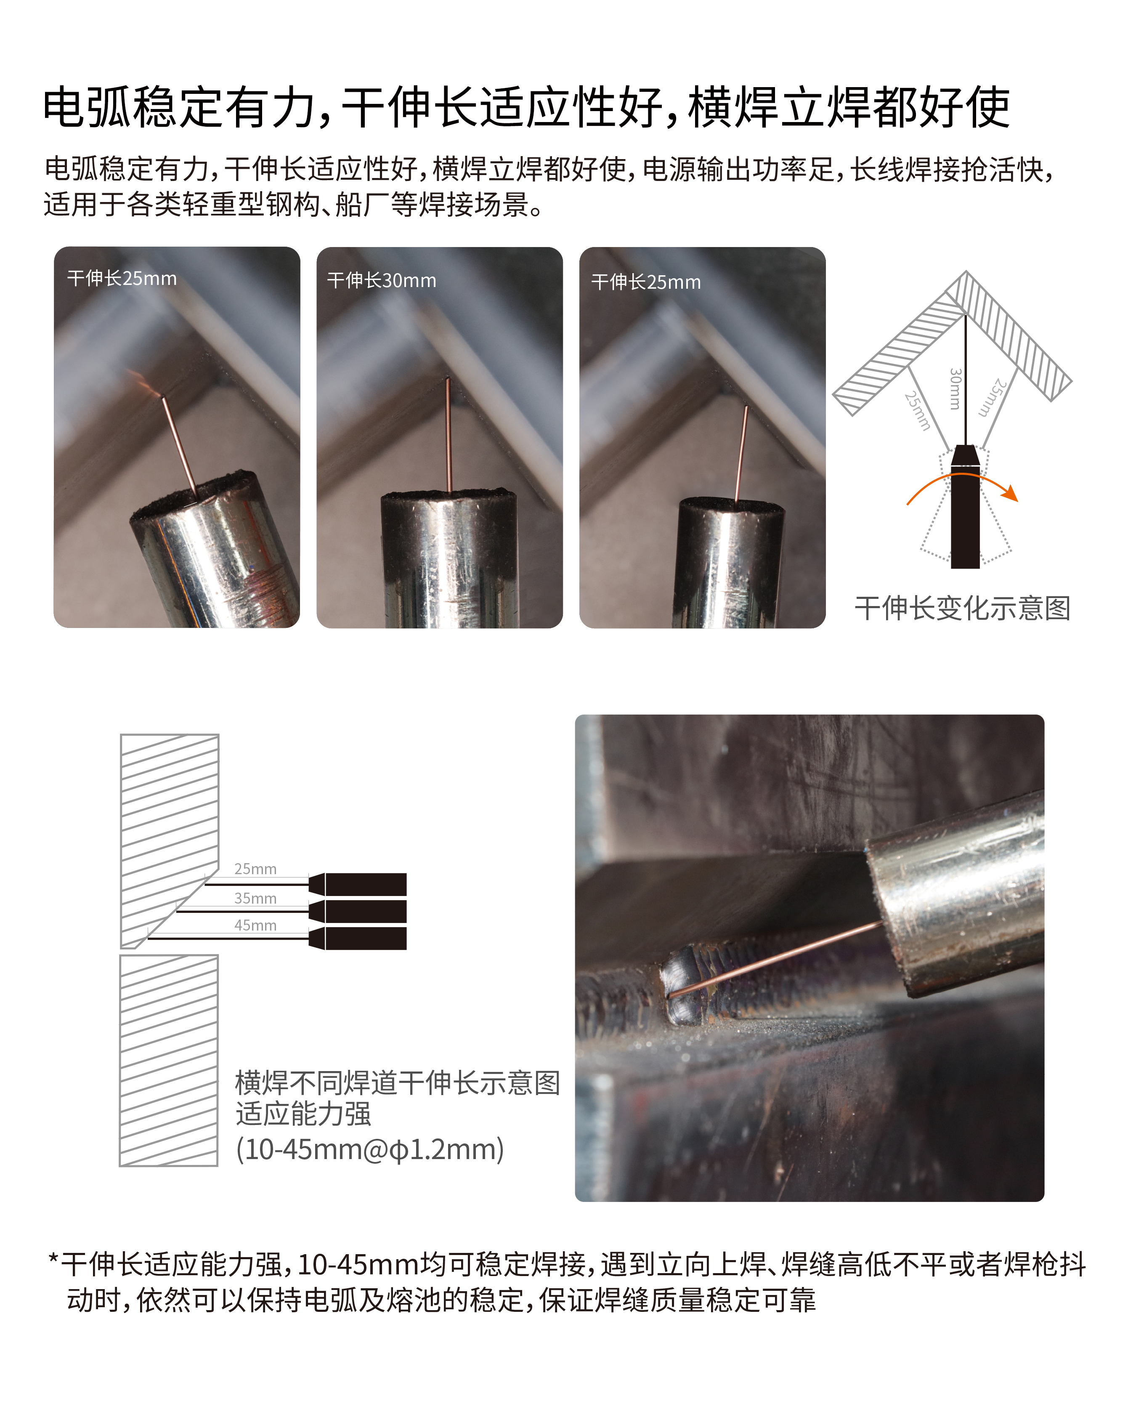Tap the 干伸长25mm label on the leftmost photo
122,279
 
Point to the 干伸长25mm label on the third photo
646,282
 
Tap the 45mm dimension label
255,925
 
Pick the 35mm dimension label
255,898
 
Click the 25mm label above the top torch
255,869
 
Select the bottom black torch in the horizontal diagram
358,938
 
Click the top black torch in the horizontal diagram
358,884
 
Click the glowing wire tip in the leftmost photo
159,395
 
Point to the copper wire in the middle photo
448,435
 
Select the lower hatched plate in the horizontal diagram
169,1060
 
